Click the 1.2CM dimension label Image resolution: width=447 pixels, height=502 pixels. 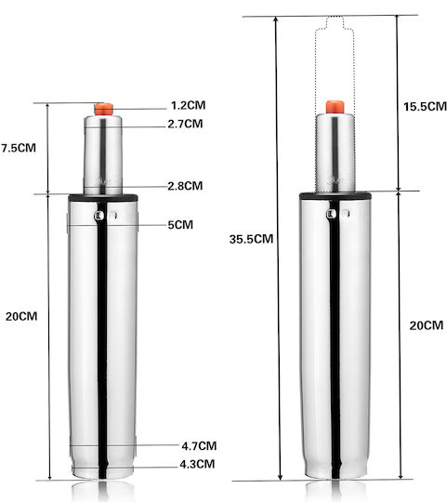click(188, 105)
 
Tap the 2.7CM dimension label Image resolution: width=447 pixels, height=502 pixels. click(185, 124)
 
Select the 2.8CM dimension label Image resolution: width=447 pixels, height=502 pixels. click(185, 186)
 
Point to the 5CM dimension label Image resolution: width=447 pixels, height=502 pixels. click(180, 225)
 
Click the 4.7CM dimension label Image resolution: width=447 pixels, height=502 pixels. click(199, 445)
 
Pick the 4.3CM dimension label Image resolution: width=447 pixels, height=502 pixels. click(197, 464)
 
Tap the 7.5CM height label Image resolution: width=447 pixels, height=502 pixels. click(19, 148)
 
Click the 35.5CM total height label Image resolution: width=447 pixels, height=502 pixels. click(251, 239)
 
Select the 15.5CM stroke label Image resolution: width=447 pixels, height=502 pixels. click(425, 107)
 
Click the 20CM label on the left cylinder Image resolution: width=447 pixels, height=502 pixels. click(21, 316)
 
